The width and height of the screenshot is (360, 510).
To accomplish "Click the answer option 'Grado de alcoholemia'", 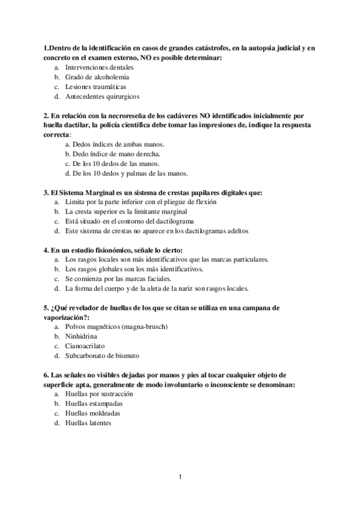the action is [97, 77].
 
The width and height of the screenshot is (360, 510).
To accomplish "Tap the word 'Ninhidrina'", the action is [81, 336].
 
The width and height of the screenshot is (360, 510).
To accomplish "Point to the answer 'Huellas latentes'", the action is [88, 422].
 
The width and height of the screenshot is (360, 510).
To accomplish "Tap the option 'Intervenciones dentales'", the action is [99, 67].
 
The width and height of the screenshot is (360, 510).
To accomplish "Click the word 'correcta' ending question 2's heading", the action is [56, 135].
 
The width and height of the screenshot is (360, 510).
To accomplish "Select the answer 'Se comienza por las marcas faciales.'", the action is [118, 278].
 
